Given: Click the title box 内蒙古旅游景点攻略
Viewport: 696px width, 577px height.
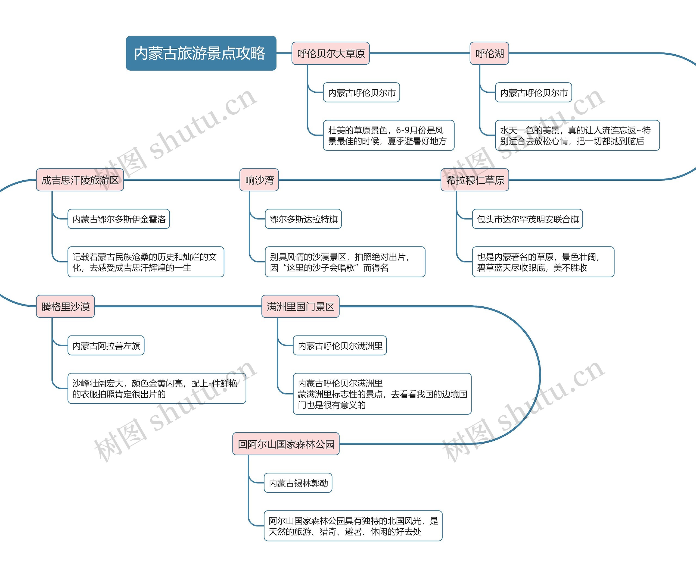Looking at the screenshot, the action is coord(201,53).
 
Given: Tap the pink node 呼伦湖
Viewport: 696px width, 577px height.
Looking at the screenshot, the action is coord(489,53).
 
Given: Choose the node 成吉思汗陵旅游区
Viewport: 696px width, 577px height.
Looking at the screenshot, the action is coord(80,180).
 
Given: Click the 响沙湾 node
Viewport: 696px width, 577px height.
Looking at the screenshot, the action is coord(259,180).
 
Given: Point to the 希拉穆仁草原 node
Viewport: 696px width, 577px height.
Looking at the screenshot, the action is coord(475,180).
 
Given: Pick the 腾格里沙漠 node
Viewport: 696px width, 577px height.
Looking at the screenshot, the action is coord(65,306).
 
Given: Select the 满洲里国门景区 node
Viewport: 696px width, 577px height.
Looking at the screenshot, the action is coord(300,306).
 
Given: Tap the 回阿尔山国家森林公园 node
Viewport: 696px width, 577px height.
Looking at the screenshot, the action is coord(286,444).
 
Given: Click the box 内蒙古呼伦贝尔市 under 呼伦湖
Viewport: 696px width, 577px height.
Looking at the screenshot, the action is coord(533,92).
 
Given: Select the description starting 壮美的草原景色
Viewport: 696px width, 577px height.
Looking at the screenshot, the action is coord(389,136).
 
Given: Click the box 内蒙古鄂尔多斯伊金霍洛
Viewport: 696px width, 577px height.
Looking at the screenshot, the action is coord(119,219).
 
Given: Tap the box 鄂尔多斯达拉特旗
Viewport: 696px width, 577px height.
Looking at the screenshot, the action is coord(303,219).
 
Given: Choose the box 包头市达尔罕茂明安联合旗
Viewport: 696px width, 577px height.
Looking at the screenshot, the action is coord(527,219).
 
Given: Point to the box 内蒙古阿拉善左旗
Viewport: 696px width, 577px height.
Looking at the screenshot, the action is coord(106,346).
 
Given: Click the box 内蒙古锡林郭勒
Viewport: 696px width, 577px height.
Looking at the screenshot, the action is coord(298,483).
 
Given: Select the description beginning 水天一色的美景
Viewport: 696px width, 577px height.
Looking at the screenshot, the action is coord(577,136).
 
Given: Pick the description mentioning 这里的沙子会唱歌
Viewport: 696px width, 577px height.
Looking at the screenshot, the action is coord(345,262).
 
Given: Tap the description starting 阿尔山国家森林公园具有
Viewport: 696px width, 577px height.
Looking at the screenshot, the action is coord(353,526).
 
